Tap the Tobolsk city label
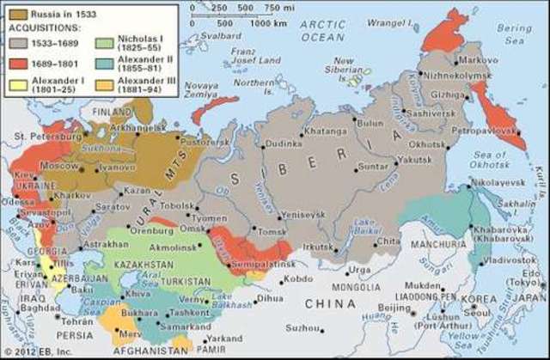pyautogui.click(x=177, y=205)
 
